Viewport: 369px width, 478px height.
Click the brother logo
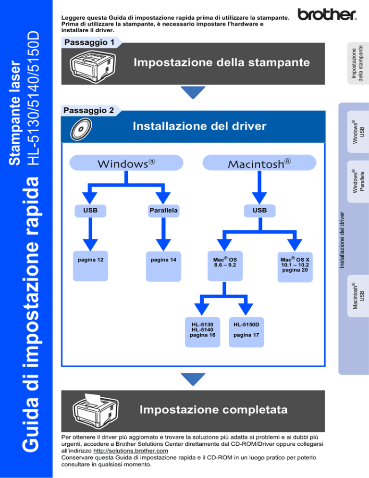327,14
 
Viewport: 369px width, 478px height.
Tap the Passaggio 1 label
89,42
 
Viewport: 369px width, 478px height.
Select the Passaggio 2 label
89,110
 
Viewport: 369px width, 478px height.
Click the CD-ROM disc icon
81,129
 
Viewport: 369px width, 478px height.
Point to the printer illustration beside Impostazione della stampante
93,66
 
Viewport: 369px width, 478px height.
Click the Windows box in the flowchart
126,163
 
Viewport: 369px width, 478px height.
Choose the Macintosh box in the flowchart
259,163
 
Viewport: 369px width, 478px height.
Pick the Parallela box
164,211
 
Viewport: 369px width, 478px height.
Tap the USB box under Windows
90,211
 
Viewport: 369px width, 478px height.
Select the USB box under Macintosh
259,211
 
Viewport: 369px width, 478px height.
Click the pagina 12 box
90,266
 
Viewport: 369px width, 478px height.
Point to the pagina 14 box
164,266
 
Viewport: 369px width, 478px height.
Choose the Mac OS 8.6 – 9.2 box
225,266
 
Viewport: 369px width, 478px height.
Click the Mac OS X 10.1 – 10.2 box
295,267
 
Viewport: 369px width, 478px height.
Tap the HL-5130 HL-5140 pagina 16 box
203,332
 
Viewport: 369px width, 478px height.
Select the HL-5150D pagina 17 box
246,332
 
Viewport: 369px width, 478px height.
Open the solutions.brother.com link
131,451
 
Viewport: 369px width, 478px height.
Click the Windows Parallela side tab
358,182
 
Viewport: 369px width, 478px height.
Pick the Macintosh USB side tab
358,296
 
